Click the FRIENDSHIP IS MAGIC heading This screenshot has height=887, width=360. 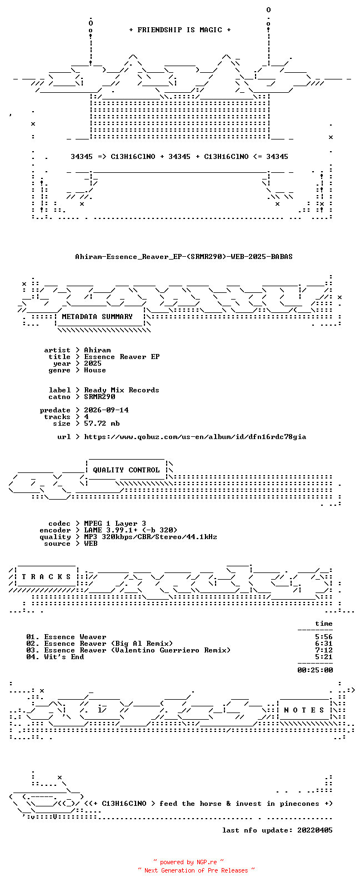click(x=180, y=30)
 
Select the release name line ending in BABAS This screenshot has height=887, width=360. click(x=184, y=257)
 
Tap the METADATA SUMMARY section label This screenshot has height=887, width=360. click(x=97, y=317)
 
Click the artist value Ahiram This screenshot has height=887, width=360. click(x=97, y=350)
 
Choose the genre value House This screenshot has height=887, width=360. click(x=95, y=370)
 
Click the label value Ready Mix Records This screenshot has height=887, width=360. click(x=122, y=390)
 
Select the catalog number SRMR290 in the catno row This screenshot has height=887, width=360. click(x=99, y=397)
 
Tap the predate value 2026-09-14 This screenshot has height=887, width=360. click(x=106, y=410)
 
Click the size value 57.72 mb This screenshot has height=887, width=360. click(x=102, y=423)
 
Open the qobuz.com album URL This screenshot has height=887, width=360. click(x=195, y=437)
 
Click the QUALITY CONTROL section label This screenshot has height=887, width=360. click(x=126, y=470)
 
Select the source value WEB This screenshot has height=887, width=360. click(x=91, y=544)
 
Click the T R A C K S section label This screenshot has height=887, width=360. click(x=46, y=577)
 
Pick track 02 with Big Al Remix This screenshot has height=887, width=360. click(x=99, y=644)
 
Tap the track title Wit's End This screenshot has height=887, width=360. click(x=64, y=657)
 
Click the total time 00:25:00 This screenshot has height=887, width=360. click(x=315, y=670)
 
